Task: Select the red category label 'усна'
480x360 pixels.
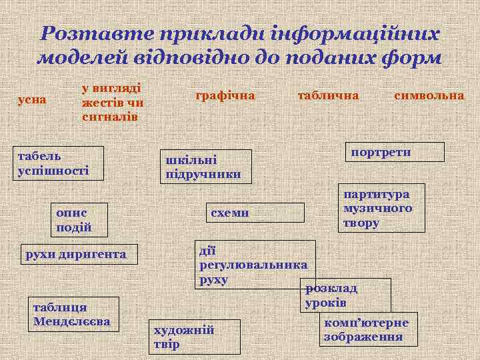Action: point(31,99)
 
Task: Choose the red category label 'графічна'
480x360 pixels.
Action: point(225,95)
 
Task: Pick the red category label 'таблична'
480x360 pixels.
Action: point(327,95)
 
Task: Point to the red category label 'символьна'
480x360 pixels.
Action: point(429,95)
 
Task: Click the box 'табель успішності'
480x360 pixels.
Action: point(59,163)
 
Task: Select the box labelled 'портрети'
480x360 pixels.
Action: point(393,152)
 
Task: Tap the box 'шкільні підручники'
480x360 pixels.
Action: point(207,167)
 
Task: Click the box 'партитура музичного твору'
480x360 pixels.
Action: point(381,208)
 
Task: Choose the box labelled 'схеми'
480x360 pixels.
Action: point(255,213)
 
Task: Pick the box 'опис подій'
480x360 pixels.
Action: point(81,220)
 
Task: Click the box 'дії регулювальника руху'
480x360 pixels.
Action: point(253,264)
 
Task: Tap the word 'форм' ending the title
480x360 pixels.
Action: point(416,57)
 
